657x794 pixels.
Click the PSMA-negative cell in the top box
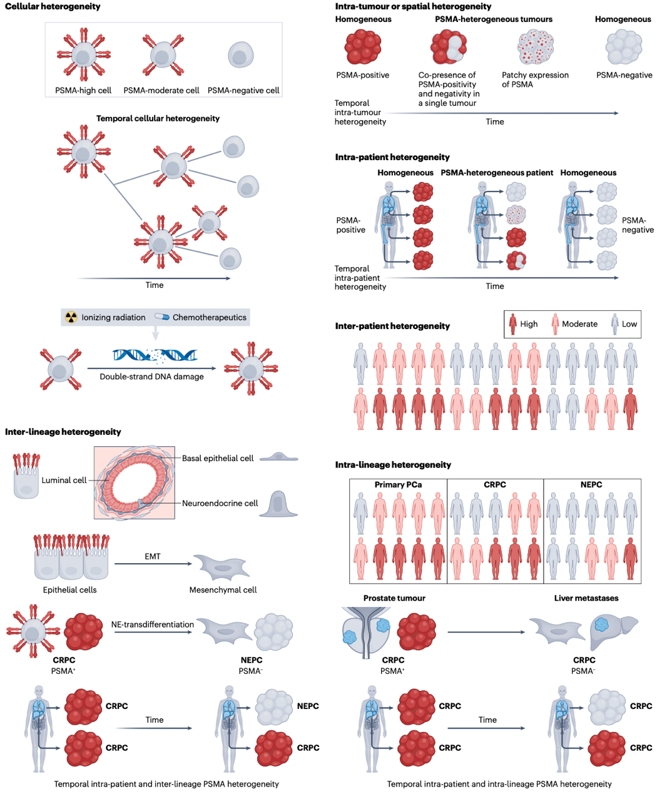click(240, 55)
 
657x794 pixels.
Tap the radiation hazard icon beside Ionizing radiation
click(71, 317)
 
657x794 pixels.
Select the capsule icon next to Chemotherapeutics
click(162, 317)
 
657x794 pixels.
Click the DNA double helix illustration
click(155, 356)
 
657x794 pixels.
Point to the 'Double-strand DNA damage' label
click(151, 377)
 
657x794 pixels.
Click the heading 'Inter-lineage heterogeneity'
click(63, 432)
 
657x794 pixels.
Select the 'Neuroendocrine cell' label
click(220, 503)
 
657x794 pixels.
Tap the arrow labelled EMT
click(153, 564)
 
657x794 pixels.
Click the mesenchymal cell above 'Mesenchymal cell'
click(222, 567)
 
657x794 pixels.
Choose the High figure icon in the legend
click(513, 324)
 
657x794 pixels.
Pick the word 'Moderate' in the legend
click(579, 324)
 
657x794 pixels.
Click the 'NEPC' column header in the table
click(591, 485)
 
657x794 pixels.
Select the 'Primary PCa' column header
click(398, 485)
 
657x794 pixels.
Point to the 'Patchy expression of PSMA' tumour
click(536, 48)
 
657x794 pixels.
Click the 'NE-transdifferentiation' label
click(153, 624)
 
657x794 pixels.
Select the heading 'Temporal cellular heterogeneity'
click(158, 118)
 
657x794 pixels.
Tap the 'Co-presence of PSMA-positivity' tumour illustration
click(449, 48)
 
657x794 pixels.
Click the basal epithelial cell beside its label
click(278, 458)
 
